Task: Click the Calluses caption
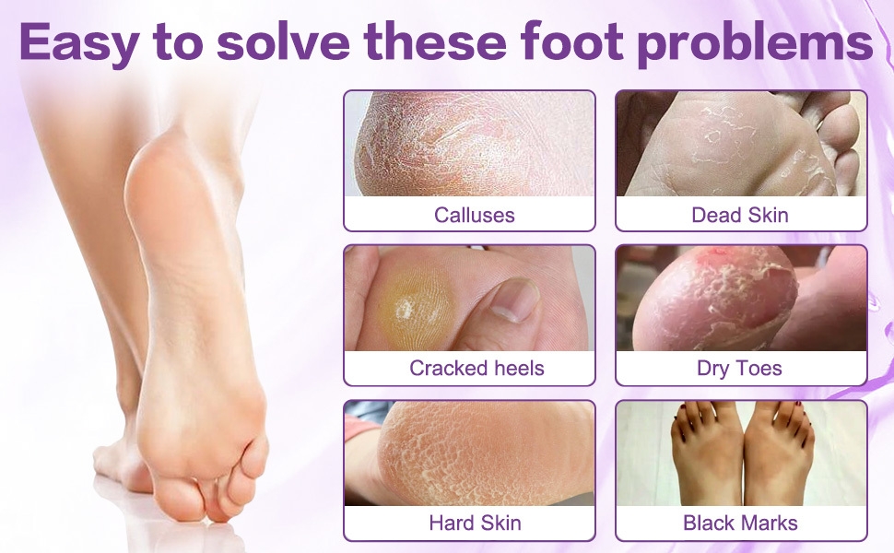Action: tap(475, 216)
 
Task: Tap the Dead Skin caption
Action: tap(740, 216)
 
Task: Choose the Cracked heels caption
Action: tap(476, 369)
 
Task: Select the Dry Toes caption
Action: tap(739, 369)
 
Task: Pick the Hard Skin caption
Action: tap(475, 524)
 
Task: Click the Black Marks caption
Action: tap(740, 524)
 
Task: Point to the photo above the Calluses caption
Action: tap(469, 144)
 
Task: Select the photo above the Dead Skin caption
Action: tap(741, 144)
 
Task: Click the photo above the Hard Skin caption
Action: tap(469, 453)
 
